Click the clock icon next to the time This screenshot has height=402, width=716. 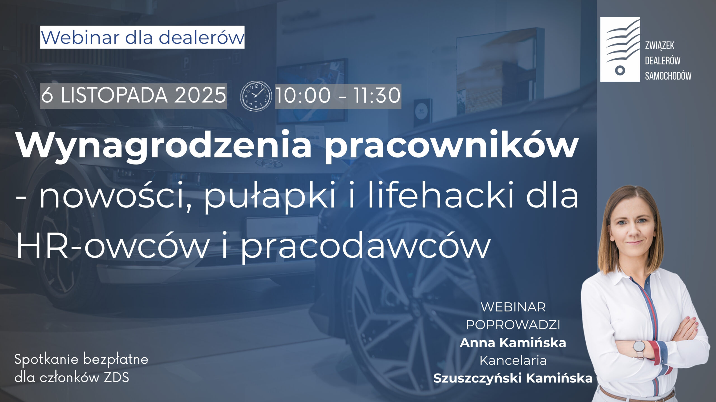tap(256, 96)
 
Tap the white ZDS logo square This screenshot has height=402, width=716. tap(620, 49)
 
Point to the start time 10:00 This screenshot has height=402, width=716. tap(303, 96)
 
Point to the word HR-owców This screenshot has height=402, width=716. tap(112, 246)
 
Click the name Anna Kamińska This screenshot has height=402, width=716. tap(513, 343)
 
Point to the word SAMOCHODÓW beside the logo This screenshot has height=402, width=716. tap(668, 76)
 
